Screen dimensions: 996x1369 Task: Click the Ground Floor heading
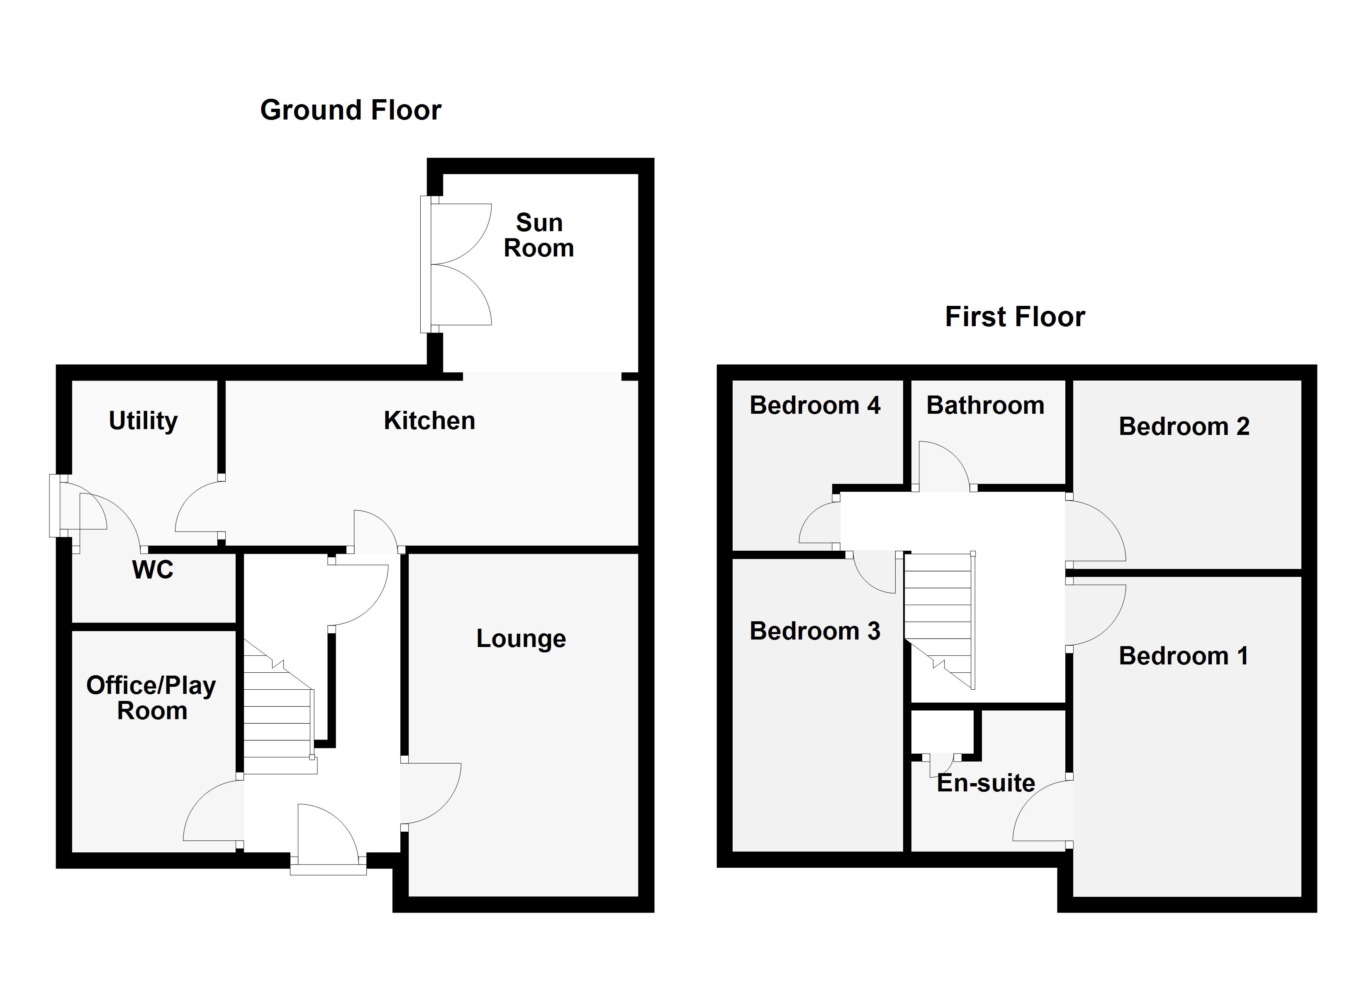click(350, 110)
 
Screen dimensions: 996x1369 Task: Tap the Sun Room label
click(538, 236)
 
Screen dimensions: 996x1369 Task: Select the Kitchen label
click(429, 421)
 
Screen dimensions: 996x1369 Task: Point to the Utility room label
click(143, 421)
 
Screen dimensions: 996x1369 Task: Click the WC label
click(153, 569)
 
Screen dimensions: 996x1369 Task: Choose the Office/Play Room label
click(151, 698)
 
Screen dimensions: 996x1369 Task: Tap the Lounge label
click(521, 638)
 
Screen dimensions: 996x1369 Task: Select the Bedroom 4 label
click(814, 405)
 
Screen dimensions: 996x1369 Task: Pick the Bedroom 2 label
click(1183, 427)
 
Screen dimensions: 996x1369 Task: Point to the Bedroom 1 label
click(1183, 656)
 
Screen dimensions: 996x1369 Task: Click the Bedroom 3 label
click(814, 631)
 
